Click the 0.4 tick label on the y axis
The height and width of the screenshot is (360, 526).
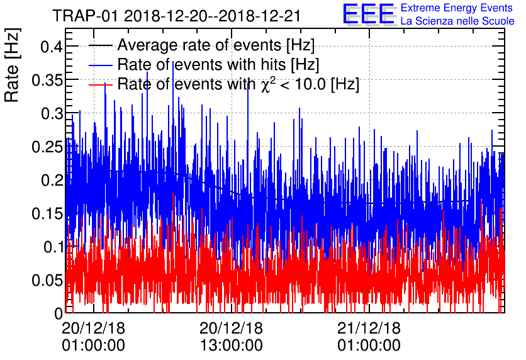click(48, 47)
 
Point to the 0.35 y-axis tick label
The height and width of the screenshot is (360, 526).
click(43, 81)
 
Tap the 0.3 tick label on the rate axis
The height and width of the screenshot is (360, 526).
click(48, 114)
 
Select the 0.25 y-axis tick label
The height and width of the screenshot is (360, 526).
click(43, 147)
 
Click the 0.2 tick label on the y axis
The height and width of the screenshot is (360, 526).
click(48, 181)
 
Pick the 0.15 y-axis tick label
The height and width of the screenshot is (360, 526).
click(43, 214)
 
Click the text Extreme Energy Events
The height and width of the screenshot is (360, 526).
click(457, 8)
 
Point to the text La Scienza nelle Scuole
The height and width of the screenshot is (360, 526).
click(457, 21)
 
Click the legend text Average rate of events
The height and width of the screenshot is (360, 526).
click(216, 46)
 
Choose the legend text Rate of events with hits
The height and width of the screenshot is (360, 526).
click(218, 65)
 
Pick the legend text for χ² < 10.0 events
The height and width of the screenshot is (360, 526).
click(238, 84)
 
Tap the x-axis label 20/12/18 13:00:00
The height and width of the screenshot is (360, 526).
click(231, 337)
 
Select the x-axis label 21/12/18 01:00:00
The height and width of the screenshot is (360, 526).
click(369, 337)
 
